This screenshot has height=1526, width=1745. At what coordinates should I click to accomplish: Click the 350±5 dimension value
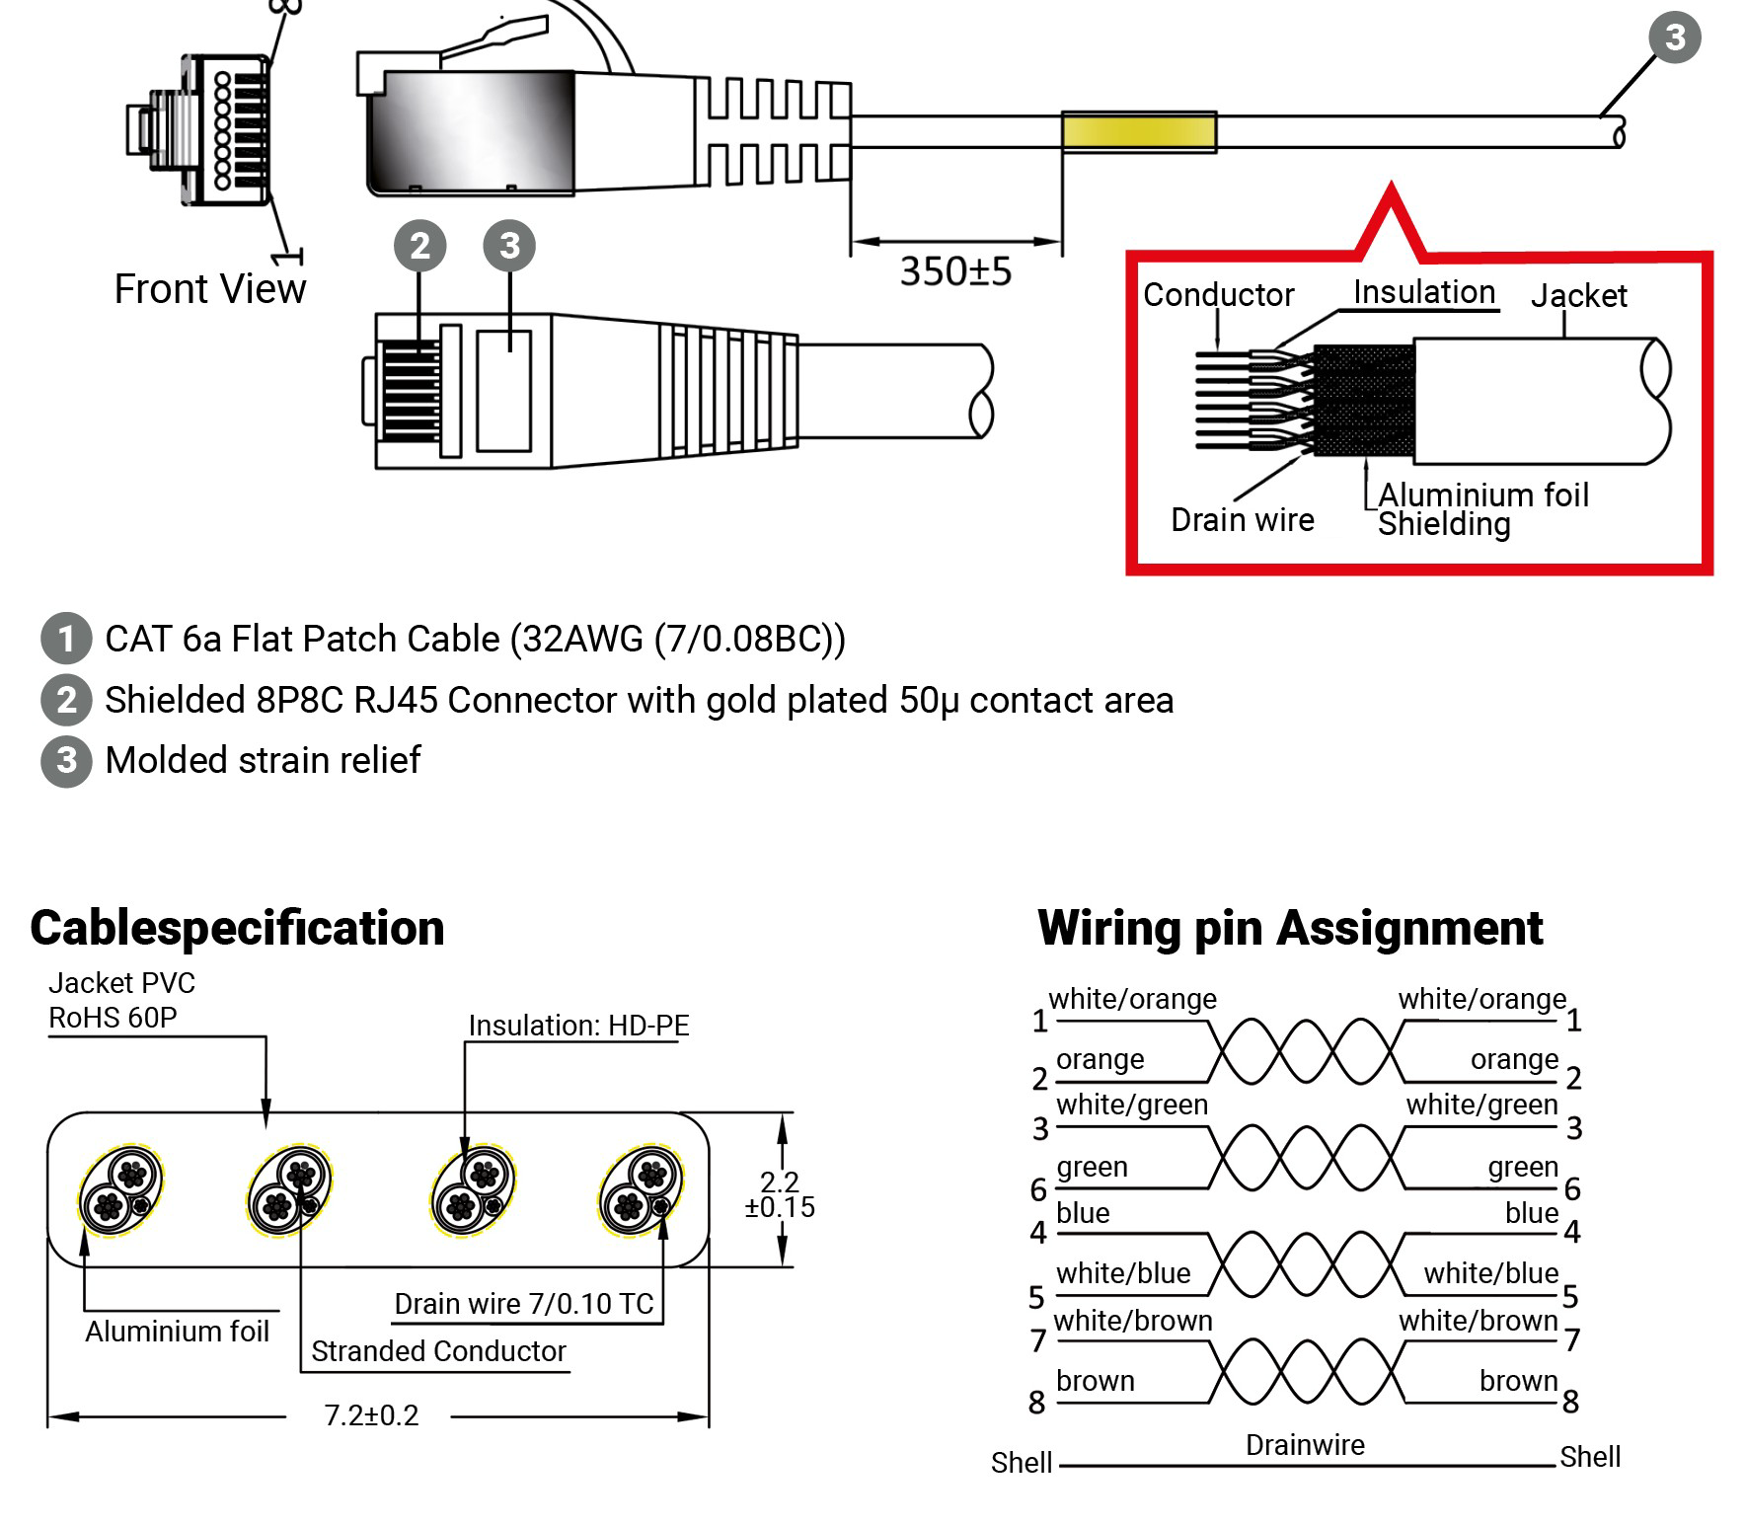(x=954, y=271)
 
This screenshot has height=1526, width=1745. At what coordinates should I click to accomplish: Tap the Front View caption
(x=209, y=289)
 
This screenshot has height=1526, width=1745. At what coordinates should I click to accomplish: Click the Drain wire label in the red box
(x=1242, y=520)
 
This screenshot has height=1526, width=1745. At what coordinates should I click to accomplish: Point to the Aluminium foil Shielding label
(x=1482, y=509)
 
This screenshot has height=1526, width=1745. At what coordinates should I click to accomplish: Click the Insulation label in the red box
(x=1423, y=292)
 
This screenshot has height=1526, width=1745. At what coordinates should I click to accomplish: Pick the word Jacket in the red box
(x=1578, y=295)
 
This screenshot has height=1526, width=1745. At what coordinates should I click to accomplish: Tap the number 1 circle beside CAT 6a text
(x=65, y=639)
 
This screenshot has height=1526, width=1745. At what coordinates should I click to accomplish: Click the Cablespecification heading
(x=237, y=928)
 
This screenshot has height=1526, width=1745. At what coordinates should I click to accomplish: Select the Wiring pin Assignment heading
(x=1289, y=928)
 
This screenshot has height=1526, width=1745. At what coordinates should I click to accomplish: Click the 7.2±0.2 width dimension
(x=371, y=1415)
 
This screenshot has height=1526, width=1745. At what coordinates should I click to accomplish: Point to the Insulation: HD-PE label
(x=578, y=1026)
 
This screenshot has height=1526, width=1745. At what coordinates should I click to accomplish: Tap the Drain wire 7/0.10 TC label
(x=523, y=1304)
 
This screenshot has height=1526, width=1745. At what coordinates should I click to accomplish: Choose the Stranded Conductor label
(x=438, y=1351)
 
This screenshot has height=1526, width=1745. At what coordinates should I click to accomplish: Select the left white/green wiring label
(x=1131, y=1105)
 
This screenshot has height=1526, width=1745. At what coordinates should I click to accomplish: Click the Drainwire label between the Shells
(x=1305, y=1445)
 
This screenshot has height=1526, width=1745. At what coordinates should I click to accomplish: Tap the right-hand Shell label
(x=1589, y=1457)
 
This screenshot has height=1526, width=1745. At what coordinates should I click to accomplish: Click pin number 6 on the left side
(x=1038, y=1189)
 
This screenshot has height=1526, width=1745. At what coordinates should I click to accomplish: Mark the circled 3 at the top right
(x=1675, y=38)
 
